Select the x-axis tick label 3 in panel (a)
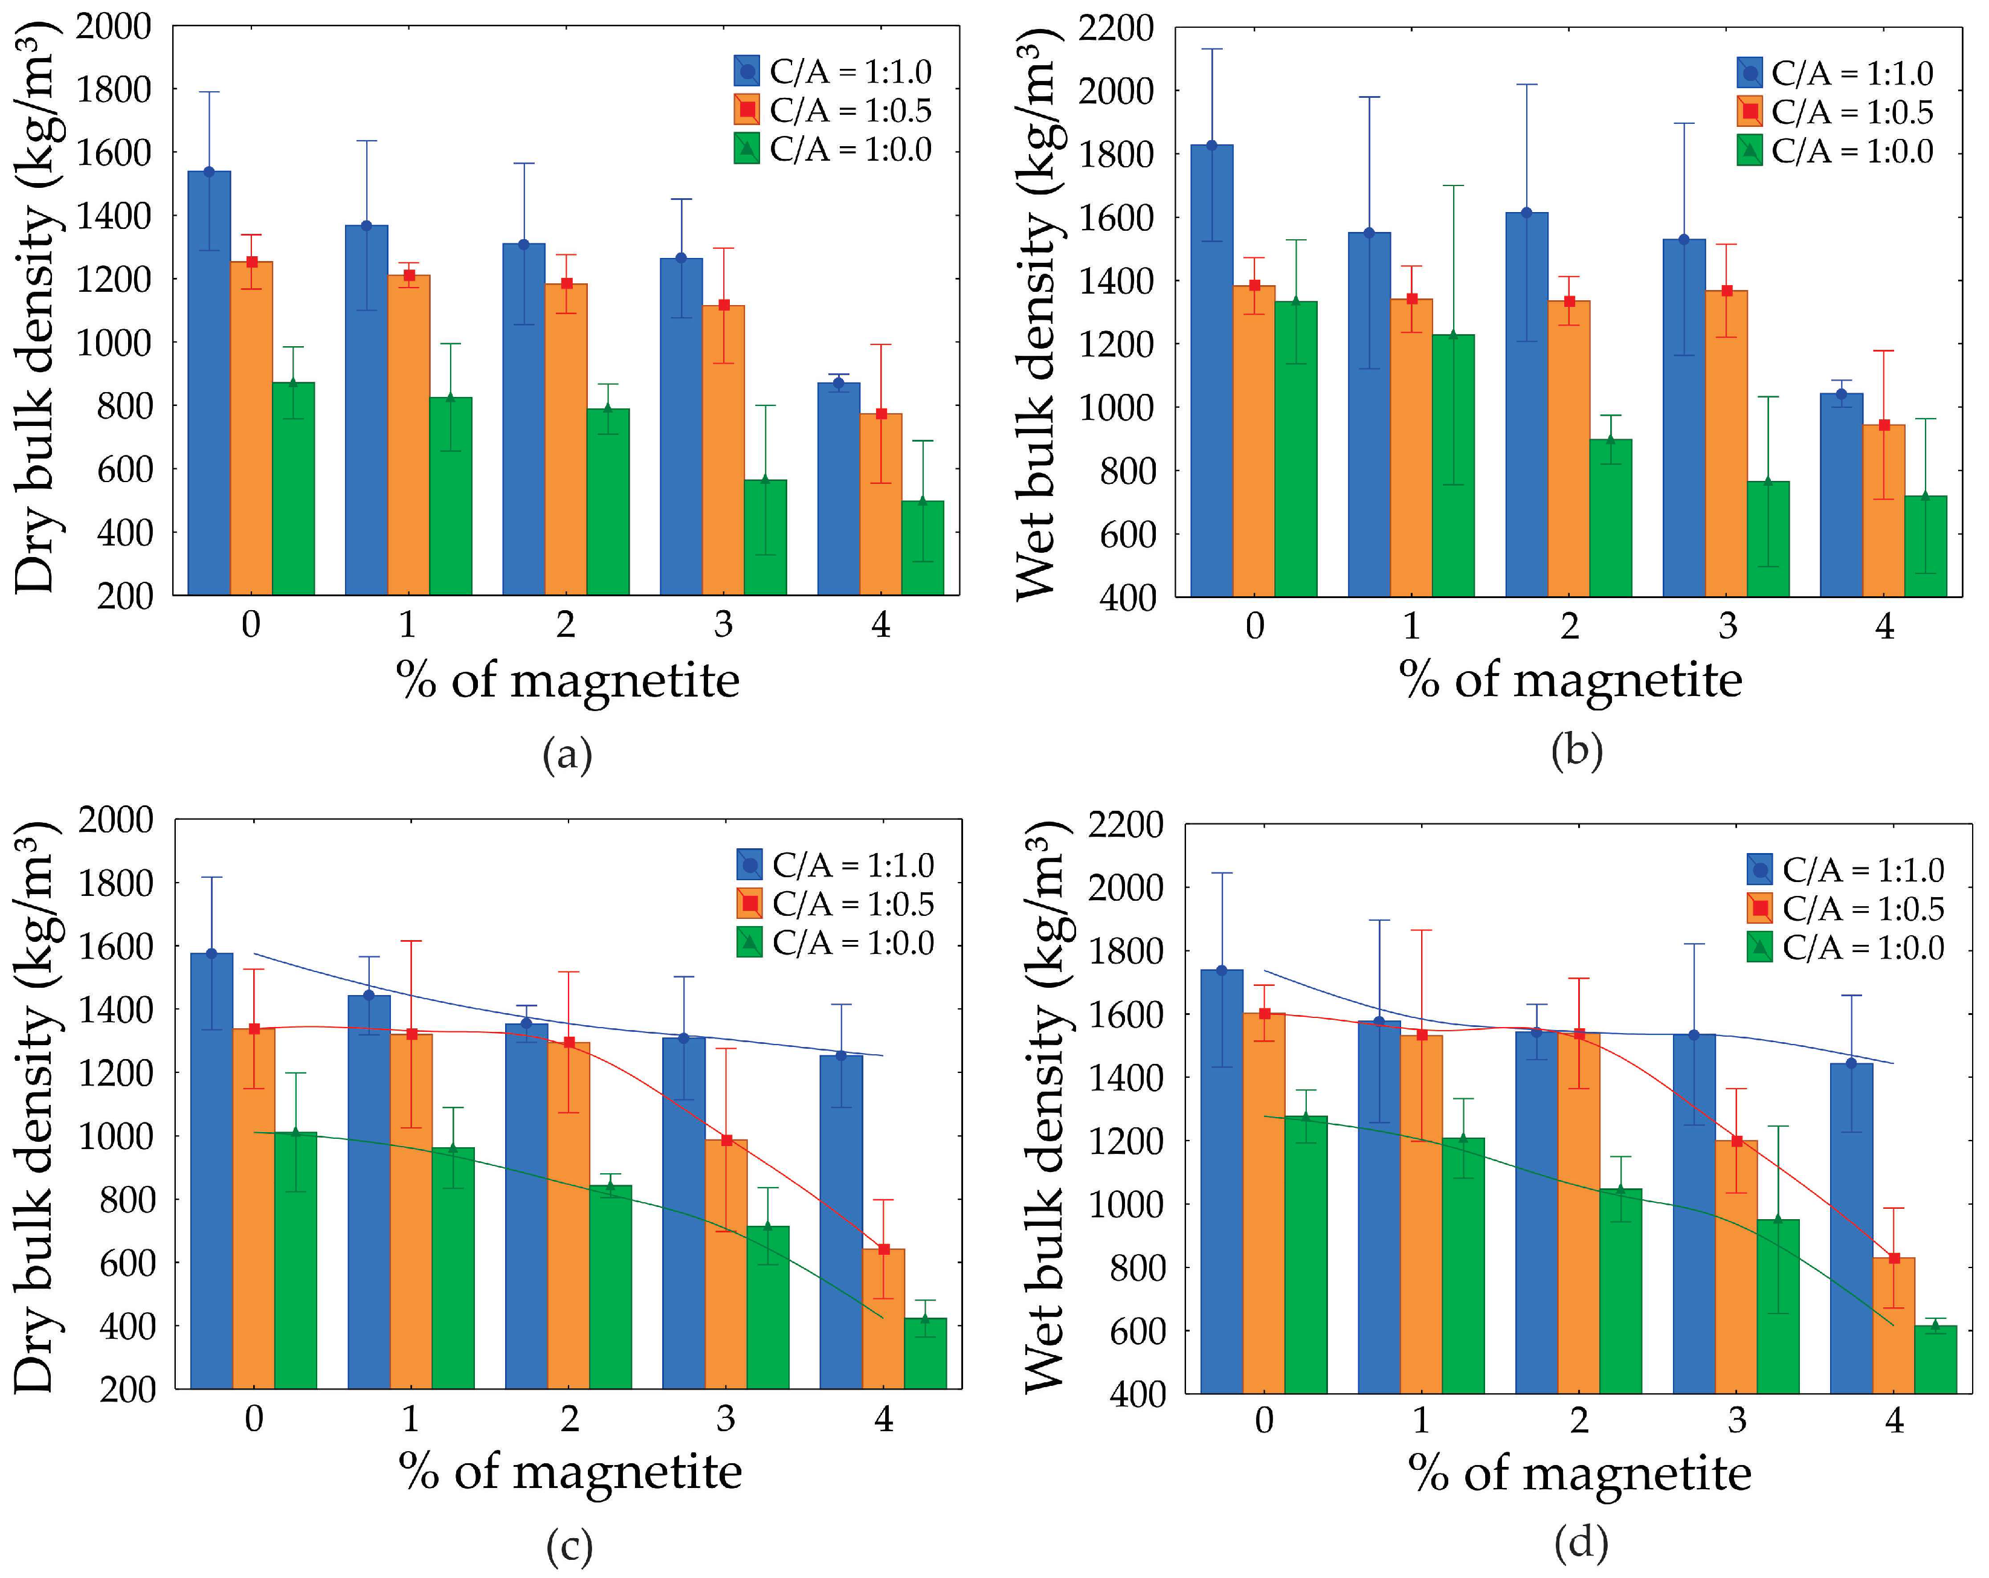tap(723, 625)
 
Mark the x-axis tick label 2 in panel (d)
tap(1579, 1420)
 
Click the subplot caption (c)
tap(569, 1546)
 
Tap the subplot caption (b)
tap(1576, 750)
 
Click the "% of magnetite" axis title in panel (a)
tap(567, 681)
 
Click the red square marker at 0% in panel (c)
tap(254, 1029)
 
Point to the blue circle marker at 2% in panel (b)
tap(1526, 213)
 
